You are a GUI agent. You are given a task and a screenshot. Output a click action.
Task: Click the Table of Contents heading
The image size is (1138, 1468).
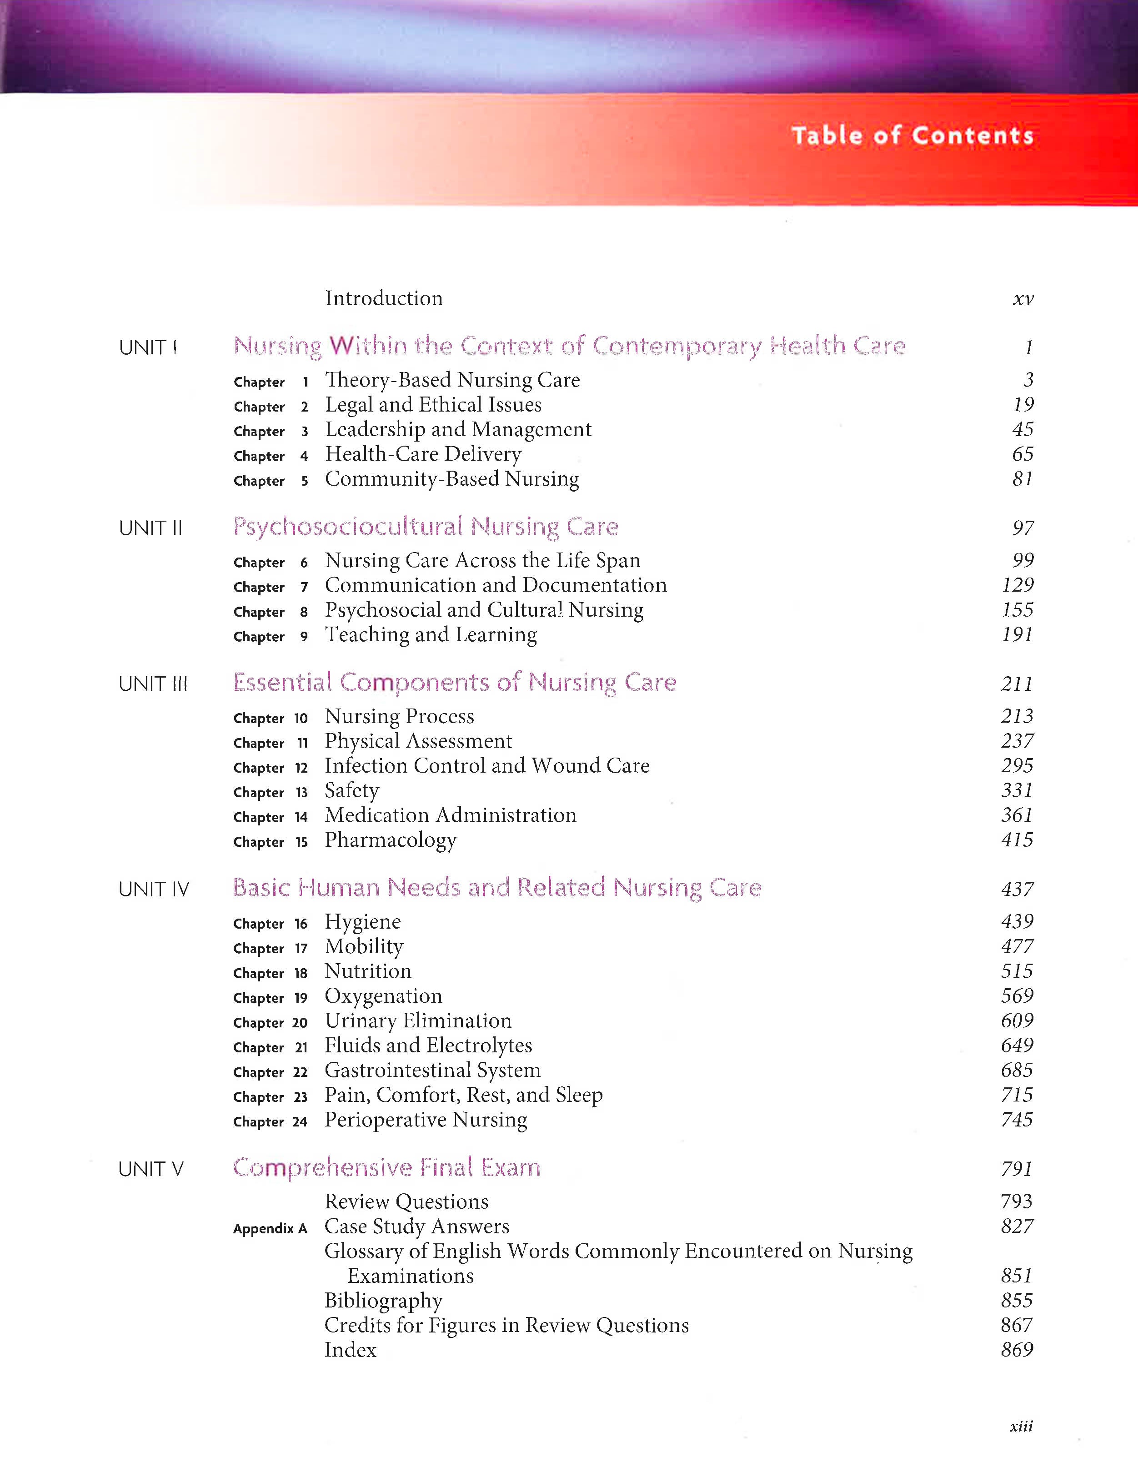click(x=912, y=136)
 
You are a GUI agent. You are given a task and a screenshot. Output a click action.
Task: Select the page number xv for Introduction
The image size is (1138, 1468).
click(x=1023, y=299)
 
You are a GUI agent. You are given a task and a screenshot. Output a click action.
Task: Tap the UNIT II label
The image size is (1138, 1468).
click(x=150, y=528)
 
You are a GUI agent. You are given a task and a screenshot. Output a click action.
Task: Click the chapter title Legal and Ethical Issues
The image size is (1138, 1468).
click(x=433, y=405)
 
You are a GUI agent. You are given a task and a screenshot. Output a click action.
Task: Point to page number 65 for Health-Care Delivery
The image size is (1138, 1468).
click(x=1023, y=454)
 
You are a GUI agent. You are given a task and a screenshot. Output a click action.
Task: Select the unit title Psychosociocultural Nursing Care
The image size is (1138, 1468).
click(x=426, y=526)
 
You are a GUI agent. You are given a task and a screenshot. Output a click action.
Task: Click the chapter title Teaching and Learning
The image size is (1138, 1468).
click(x=431, y=634)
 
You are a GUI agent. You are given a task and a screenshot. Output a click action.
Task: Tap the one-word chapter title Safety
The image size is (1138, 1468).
click(x=351, y=790)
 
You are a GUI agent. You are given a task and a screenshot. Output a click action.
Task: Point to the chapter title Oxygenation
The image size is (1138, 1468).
click(x=383, y=996)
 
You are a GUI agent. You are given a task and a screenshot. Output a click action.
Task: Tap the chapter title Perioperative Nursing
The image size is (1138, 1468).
click(x=426, y=1120)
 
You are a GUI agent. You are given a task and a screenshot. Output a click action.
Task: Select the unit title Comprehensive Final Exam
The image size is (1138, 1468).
click(x=386, y=1167)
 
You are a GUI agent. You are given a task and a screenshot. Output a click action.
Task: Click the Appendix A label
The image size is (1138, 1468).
click(x=270, y=1229)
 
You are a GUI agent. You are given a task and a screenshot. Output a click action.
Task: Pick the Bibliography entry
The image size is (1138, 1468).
click(x=383, y=1301)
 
